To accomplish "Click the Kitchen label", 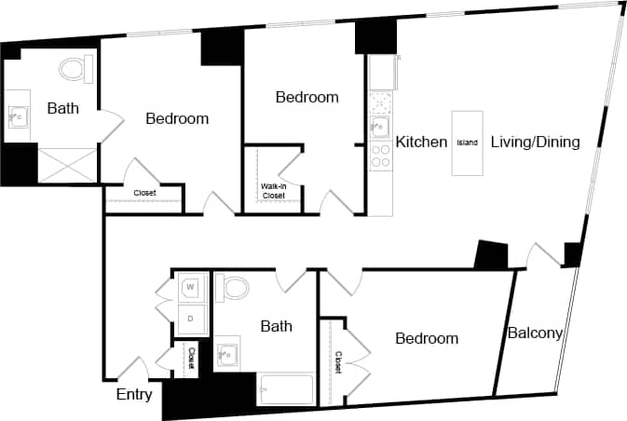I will [422, 143].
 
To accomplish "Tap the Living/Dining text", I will [536, 143].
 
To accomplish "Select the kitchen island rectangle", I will [467, 143].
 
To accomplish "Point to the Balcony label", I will [534, 333].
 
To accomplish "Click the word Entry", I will [134, 394].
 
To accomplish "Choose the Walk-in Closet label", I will [273, 192].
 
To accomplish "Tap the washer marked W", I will [192, 287].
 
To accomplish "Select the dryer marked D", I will [192, 319].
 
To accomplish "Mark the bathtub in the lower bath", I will [288, 389].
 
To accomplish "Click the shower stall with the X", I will [66, 164].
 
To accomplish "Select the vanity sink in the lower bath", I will [227, 355].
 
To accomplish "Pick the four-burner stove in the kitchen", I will [380, 156].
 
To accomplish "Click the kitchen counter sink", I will [380, 127].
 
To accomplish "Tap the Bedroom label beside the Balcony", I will [427, 338].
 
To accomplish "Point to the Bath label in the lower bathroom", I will [276, 326].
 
